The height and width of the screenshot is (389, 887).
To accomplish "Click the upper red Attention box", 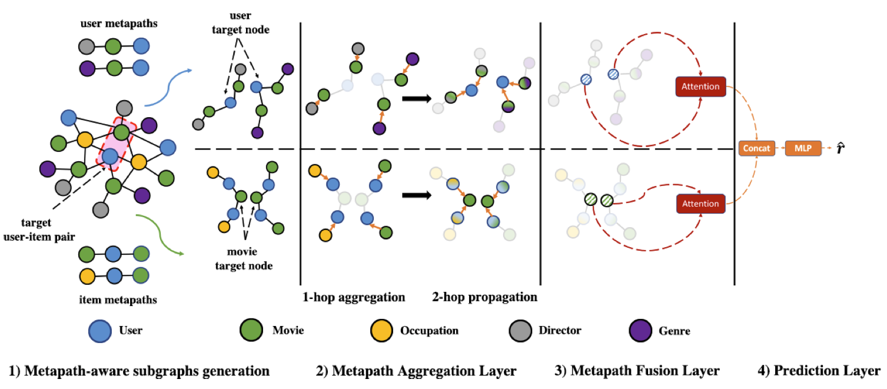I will click(700, 87).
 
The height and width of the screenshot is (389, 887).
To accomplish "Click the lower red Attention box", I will click(700, 204).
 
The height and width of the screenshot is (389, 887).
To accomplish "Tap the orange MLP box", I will click(801, 148).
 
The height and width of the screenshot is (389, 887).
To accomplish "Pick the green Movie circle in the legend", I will click(251, 330).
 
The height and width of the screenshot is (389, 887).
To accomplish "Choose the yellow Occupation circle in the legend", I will click(381, 330).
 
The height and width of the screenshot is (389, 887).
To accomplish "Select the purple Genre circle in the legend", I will click(639, 330).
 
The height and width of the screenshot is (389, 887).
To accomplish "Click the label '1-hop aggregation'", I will click(354, 297).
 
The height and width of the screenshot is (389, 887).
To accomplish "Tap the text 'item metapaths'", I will click(118, 300).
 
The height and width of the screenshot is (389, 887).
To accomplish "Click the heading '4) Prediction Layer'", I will click(818, 371).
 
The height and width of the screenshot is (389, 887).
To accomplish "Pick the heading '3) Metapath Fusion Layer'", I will click(637, 371).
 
